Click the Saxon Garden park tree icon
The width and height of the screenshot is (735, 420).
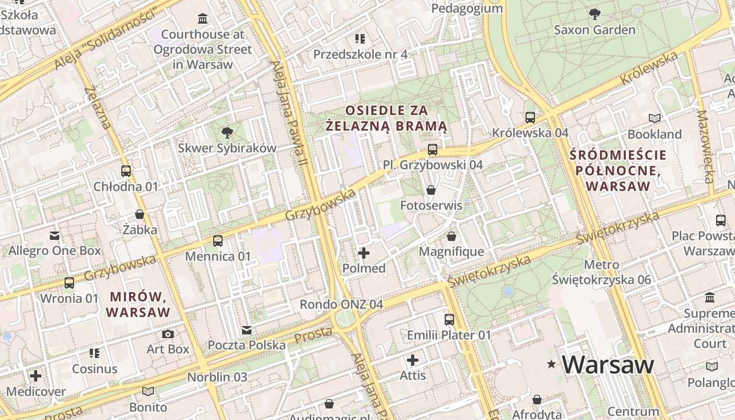(594, 14)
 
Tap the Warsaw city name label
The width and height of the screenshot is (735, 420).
(608, 364)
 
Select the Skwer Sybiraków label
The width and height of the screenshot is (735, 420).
(227, 148)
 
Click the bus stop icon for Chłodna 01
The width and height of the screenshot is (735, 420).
(126, 171)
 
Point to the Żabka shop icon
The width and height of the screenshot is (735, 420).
(140, 214)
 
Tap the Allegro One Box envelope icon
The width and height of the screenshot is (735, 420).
(55, 235)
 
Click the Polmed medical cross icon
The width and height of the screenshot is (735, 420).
(363, 253)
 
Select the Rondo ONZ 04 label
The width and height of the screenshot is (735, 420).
(341, 304)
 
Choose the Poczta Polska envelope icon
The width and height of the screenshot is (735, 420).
(246, 330)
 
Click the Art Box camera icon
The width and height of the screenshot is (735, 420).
(168, 334)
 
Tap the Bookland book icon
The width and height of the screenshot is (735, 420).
(654, 118)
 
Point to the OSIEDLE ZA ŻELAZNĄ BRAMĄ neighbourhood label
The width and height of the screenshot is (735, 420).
(386, 118)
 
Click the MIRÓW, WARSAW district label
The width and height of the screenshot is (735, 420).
(138, 304)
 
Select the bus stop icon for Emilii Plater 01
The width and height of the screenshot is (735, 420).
(449, 319)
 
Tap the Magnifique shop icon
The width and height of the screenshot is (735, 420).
(451, 236)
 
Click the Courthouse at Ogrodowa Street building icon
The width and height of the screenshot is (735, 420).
(202, 19)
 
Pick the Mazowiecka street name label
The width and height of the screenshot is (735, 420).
(706, 146)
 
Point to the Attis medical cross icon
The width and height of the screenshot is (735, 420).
(413, 360)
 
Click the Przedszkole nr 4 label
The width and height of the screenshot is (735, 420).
(360, 54)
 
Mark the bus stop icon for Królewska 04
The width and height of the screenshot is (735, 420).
(530, 117)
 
